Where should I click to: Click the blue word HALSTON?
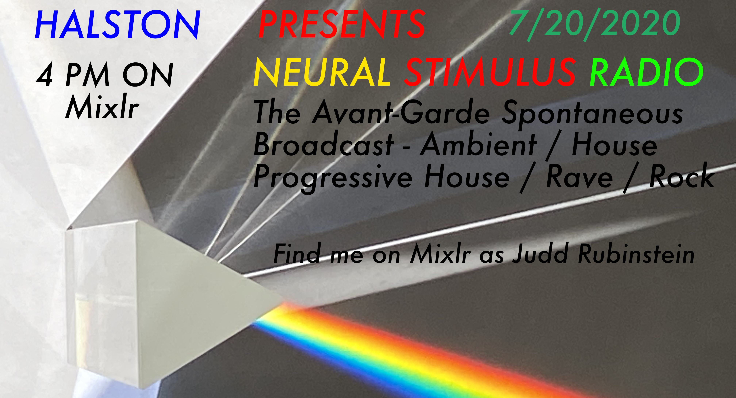click(x=117, y=25)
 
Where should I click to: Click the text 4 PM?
click(x=73, y=75)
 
